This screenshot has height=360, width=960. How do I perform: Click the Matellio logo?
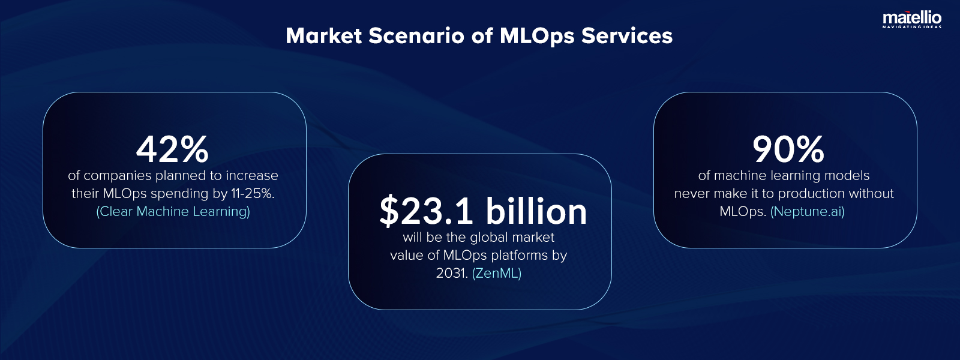[x=911, y=19]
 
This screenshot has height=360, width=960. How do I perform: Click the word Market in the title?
[x=324, y=36]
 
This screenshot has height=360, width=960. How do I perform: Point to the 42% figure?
[x=172, y=149]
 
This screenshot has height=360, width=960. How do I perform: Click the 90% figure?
[x=788, y=149]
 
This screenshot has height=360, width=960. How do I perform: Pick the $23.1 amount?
[x=427, y=211]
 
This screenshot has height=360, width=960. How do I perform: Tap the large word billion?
[x=536, y=211]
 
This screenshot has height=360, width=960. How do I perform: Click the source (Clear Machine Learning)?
[x=173, y=211]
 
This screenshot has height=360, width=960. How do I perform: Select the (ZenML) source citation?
[x=497, y=273]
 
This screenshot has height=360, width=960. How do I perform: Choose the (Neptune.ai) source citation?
[x=808, y=211]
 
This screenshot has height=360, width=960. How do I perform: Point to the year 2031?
[x=451, y=273]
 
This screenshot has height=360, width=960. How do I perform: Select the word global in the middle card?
[x=489, y=238]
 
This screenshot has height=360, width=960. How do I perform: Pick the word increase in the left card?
[x=252, y=176]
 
